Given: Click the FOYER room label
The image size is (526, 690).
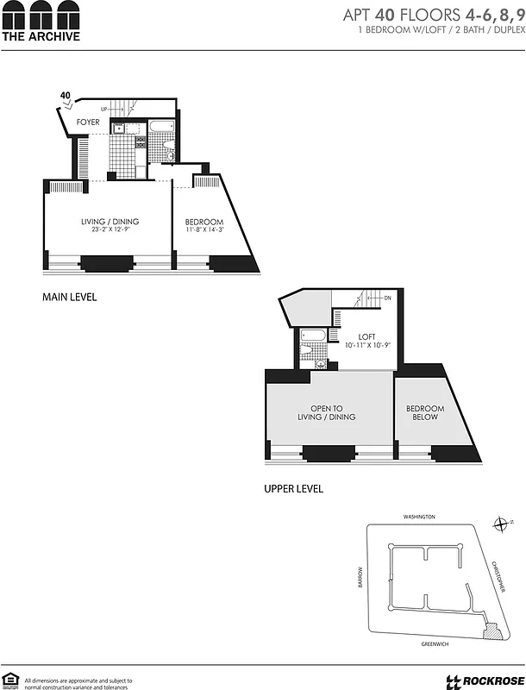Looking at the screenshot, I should coord(88,122).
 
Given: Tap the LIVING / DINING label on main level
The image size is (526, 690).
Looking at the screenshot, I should coord(110,222).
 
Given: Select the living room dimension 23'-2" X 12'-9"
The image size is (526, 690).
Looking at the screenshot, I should coord(110,230).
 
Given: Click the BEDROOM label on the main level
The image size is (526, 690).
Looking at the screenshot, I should coord(204,222).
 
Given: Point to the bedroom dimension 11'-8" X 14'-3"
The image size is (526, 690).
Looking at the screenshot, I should coord(204,230).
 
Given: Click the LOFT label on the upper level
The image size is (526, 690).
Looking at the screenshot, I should coord(367,336).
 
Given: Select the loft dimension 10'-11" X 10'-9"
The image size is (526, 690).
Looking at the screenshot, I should coord(367,345).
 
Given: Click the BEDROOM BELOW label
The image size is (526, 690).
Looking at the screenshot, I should coord(425,412).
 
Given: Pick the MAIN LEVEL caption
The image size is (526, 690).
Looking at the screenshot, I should coord(70,298).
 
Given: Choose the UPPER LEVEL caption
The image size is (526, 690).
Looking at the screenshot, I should coord(293,489).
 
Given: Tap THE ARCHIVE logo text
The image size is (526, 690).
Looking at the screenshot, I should coord(41,37).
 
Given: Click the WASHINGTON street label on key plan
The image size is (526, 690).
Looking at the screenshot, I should coord(419,517).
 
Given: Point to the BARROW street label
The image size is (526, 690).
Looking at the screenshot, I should coord(361,577).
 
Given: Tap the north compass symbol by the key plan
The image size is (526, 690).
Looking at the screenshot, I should coord(501,524).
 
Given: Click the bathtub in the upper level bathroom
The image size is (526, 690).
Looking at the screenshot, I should coord(314,336).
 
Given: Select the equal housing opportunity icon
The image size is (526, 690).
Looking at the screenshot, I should coord(10,680).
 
